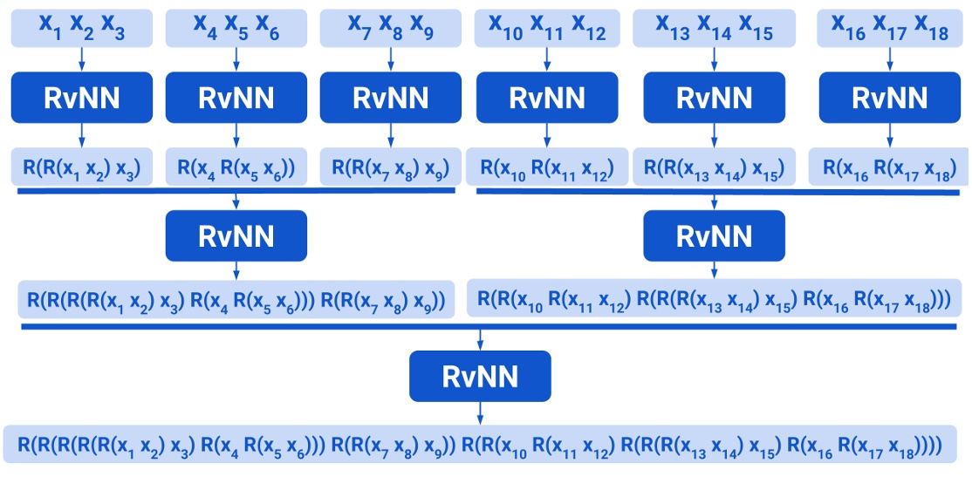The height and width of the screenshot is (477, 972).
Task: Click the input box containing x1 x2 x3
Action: [x=81, y=28]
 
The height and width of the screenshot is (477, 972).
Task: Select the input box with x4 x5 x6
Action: [x=236, y=28]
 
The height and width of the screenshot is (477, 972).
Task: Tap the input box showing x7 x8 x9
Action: [x=390, y=28]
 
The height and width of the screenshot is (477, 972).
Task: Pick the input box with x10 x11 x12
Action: [x=547, y=28]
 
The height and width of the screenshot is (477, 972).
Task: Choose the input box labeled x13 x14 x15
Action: [x=714, y=28]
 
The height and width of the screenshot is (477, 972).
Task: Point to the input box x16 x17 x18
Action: [x=889, y=28]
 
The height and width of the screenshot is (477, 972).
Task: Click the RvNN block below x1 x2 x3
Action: [x=81, y=98]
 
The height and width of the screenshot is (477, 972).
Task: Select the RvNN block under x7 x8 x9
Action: [x=390, y=98]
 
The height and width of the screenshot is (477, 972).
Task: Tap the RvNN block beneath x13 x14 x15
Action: [x=714, y=98]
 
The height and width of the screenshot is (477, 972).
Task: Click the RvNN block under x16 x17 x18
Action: [x=889, y=98]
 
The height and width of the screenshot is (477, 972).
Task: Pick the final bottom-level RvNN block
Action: [x=480, y=376]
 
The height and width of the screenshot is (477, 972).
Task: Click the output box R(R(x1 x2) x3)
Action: [x=81, y=167]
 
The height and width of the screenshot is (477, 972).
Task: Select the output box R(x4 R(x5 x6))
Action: [x=236, y=167]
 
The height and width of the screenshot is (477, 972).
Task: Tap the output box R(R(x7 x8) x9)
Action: [x=390, y=167]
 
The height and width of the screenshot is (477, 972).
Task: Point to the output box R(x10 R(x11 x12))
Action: [x=547, y=167]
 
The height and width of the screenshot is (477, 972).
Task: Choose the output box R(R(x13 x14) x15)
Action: [x=714, y=167]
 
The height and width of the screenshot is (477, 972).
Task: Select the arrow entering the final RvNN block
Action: [x=480, y=340]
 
